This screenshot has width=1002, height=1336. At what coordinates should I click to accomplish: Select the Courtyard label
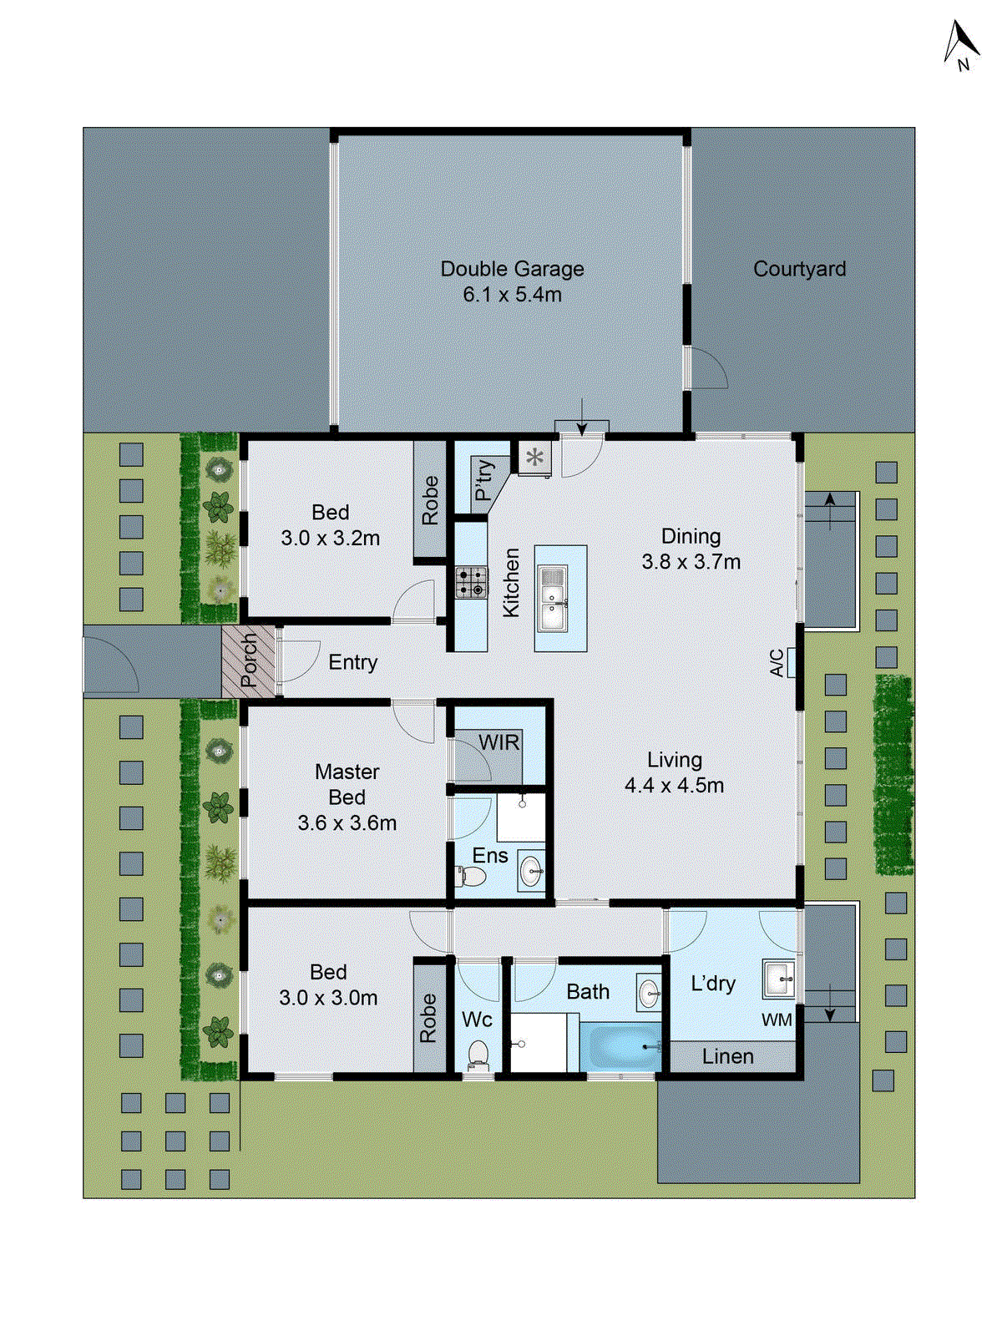[799, 269]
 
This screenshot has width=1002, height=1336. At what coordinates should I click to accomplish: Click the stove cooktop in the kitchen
[471, 582]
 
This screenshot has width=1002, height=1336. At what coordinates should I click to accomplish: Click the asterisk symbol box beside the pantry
[534, 458]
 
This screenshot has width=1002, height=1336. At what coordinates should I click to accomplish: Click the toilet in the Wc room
[478, 1054]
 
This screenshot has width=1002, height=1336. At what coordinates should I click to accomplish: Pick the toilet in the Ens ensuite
[472, 877]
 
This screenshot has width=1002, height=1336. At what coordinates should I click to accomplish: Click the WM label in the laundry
[777, 1020]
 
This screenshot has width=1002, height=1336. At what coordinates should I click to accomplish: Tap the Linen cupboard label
[727, 1056]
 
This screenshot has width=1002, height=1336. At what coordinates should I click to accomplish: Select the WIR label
[498, 742]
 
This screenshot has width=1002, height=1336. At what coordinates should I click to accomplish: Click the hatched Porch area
[249, 661]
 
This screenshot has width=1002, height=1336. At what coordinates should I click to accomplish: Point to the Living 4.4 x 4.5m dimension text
[674, 785]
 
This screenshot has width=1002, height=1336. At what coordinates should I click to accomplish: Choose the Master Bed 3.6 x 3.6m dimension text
[347, 822]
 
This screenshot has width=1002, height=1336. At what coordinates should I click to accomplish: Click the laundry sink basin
[778, 979]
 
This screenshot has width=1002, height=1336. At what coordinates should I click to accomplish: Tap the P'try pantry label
[483, 480]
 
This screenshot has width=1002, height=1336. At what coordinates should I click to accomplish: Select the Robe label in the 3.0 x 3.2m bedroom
[430, 500]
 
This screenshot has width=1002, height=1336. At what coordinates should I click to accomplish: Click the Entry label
[352, 662]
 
